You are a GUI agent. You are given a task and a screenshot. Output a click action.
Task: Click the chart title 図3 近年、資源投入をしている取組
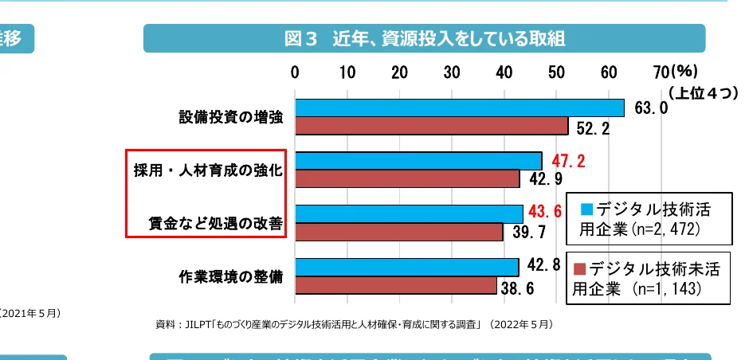pos(424,38)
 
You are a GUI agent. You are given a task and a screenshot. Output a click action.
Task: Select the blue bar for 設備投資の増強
pos(459,108)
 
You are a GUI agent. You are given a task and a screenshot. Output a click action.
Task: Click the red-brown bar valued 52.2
pos(431,126)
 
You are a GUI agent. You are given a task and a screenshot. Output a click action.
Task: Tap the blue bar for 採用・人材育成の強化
pos(418,161)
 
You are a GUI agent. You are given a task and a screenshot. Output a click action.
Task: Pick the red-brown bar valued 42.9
pos(407,178)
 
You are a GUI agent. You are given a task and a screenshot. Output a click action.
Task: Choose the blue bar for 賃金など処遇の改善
pos(409,213)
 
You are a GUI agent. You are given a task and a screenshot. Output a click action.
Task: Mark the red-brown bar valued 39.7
pos(398,232)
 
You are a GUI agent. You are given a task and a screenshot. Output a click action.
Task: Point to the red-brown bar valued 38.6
pos(396,285)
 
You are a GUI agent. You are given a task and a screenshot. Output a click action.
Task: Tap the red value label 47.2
pos(568,161)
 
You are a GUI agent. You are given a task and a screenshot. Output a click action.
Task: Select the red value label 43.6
pos(547,213)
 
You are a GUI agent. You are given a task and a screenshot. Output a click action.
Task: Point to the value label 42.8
pos(543,265)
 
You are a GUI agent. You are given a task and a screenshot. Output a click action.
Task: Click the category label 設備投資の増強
pos(230,118)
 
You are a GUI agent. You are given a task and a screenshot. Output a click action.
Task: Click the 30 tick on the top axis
pos(452,72)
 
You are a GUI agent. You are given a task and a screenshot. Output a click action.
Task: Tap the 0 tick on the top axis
pos(295,72)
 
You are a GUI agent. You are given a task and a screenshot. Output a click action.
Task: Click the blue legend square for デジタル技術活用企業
pos(586,209)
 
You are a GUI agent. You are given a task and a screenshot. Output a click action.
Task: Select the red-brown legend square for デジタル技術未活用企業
pos(579,268)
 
